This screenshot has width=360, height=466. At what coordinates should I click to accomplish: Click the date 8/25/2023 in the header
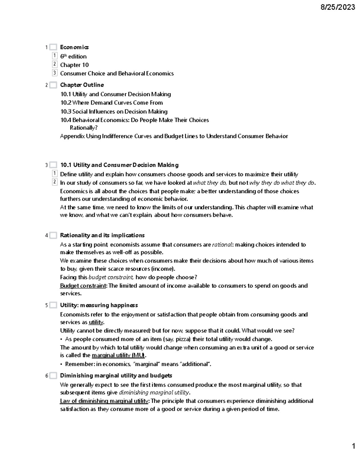tap(337, 8)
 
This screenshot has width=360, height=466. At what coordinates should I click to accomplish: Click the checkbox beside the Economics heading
tap(53, 47)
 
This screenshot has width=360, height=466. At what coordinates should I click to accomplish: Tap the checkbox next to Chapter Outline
tap(53, 85)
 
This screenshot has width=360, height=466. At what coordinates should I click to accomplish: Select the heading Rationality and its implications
tap(102, 235)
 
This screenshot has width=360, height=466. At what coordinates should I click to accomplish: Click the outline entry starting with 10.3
tap(114, 112)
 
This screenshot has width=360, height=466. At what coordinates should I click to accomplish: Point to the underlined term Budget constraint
tap(83, 286)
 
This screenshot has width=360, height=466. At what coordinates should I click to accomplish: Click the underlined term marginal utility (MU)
tap(118, 355)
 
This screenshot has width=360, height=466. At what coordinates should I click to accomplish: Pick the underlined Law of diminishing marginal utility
tap(104, 401)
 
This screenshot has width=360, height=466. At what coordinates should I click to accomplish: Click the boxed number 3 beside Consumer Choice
tap(55, 73)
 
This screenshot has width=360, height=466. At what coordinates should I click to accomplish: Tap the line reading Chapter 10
tap(74, 65)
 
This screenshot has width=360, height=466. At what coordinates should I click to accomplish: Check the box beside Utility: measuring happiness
tap(53, 305)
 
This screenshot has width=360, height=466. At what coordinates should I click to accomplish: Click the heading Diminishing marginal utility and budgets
tap(116, 375)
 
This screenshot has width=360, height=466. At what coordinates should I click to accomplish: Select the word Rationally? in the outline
tap(84, 128)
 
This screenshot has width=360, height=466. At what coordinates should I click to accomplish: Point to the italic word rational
tap(222, 245)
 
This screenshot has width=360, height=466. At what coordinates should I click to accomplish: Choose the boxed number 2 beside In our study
tap(55, 182)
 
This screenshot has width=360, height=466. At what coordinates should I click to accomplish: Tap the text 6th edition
tap(73, 56)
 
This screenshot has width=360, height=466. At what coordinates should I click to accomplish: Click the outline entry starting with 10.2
tap(112, 103)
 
